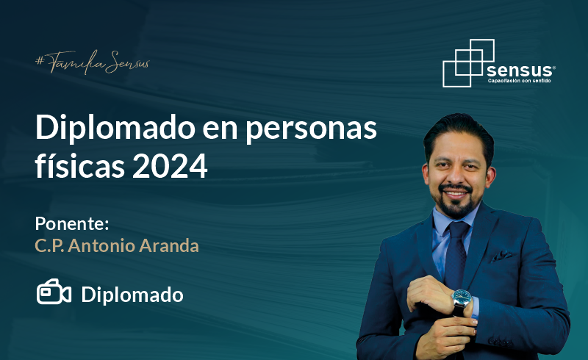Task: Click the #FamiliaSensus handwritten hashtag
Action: point(93,62)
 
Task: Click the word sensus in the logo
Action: point(520,70)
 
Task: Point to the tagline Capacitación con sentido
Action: point(520,81)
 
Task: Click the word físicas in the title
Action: point(79,165)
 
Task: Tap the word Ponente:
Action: point(72,223)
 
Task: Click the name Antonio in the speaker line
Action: point(101,246)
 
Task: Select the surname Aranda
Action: point(169,246)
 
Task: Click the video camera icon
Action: point(54,292)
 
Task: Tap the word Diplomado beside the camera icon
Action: point(132,295)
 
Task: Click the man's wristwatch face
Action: point(462,298)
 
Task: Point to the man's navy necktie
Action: point(456,255)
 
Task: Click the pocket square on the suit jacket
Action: point(502,256)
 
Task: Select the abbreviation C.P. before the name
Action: point(49,246)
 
